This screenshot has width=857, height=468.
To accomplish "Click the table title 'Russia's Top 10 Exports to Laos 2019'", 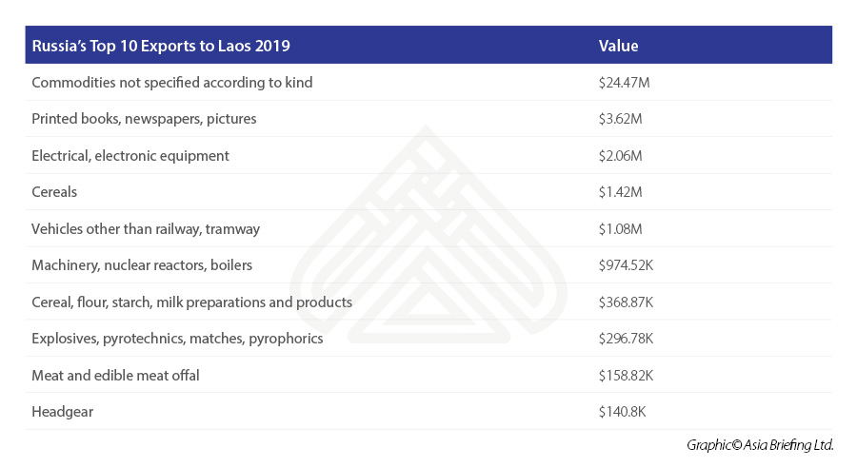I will (x=161, y=46).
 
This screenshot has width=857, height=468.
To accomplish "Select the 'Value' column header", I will (x=618, y=46).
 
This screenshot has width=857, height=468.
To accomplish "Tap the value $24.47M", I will (x=624, y=83).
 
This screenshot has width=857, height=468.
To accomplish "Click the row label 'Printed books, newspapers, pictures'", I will (x=144, y=119).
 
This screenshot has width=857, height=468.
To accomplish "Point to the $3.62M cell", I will (x=620, y=119).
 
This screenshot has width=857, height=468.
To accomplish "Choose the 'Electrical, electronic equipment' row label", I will (x=130, y=155).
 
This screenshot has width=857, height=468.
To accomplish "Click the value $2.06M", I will (x=621, y=155).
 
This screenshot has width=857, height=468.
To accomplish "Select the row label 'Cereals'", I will (x=54, y=192).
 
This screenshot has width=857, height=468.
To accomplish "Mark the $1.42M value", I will (x=620, y=192).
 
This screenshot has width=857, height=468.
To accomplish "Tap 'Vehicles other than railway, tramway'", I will (x=146, y=228).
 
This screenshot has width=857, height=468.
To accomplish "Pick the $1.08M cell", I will (x=621, y=228).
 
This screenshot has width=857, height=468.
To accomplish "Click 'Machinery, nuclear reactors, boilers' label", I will (x=142, y=265).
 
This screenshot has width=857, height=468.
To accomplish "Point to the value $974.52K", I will (x=626, y=265).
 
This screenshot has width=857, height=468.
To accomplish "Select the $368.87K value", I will (x=626, y=302).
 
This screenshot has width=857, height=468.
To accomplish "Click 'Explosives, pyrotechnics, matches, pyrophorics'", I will (x=177, y=339).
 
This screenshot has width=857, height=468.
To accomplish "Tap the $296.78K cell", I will (x=626, y=339).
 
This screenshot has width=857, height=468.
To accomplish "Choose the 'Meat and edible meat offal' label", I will (x=115, y=376).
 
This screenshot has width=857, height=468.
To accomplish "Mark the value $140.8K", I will (x=622, y=412).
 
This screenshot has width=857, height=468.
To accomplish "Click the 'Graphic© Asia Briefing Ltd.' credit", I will (x=760, y=445).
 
